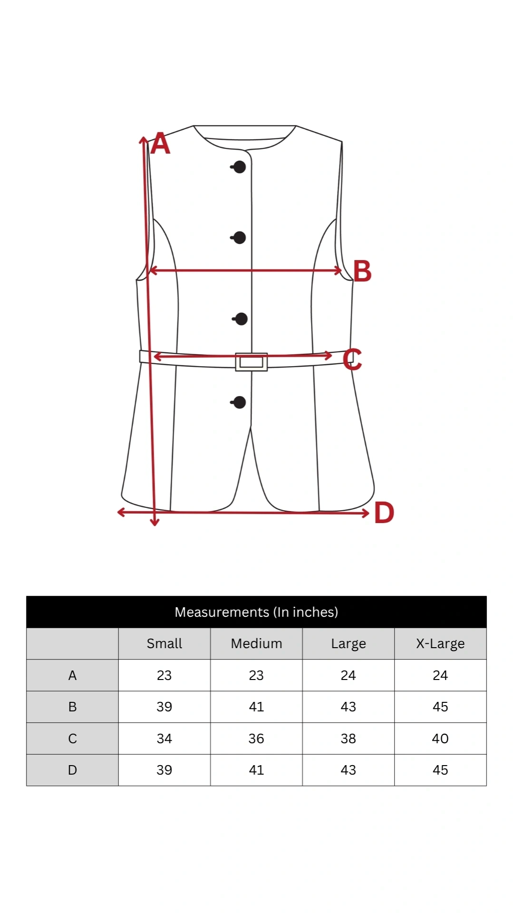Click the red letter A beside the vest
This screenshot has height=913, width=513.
tap(160, 144)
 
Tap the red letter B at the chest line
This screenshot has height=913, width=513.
tap(362, 272)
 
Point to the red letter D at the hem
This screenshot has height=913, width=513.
tap(384, 513)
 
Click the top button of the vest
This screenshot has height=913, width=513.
tap(239, 167)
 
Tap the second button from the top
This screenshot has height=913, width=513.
tap(239, 237)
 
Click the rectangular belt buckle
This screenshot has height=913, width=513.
tap(252, 362)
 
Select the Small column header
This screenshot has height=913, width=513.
tap(165, 643)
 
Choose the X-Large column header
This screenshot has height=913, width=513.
tap(440, 644)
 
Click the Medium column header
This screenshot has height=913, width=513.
tap(256, 643)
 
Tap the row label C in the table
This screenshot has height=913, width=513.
tap(72, 738)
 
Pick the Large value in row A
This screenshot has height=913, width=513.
tap(348, 675)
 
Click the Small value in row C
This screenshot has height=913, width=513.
tap(165, 738)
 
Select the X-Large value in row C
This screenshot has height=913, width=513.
tap(440, 738)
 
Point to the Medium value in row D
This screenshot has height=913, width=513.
tap(256, 770)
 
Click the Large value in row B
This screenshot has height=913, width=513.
tap(348, 707)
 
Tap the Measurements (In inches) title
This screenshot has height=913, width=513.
tap(256, 612)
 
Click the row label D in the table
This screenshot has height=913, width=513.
tap(72, 770)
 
